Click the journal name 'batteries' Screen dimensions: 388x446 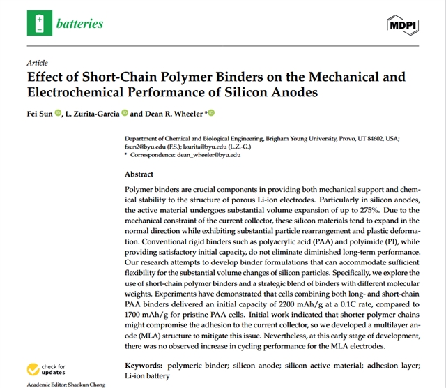tap(81, 24)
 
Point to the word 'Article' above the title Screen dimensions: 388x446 tap(37, 63)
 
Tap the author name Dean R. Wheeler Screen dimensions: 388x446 tap(174, 114)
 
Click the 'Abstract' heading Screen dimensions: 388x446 tap(140, 174)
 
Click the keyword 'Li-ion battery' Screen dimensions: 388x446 tap(147, 376)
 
